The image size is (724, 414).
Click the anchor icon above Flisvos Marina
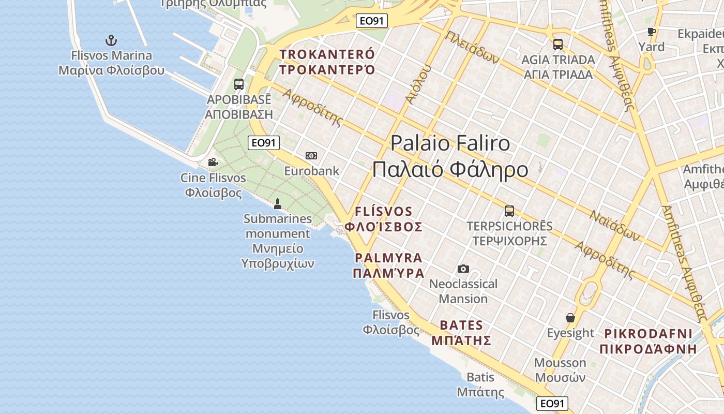[x=111, y=40]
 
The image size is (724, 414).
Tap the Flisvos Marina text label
[x=111, y=63]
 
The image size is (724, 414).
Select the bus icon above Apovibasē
[x=238, y=84]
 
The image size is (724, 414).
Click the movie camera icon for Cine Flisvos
[x=213, y=162]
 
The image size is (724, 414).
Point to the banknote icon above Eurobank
[x=311, y=156]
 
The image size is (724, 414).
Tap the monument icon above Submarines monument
[x=278, y=204]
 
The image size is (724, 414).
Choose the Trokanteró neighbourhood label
[x=327, y=62]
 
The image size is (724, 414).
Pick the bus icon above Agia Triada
[x=557, y=45]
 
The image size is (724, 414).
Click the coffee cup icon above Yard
[x=652, y=32]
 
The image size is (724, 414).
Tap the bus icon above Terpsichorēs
[x=509, y=211]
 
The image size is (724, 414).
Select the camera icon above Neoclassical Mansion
[x=463, y=269]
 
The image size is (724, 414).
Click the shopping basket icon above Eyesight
[x=570, y=318]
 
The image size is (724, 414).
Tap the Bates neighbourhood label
[x=461, y=333]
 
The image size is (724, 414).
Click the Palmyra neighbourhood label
[x=388, y=265]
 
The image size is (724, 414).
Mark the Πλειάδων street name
[x=472, y=48]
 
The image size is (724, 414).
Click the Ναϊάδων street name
[x=615, y=226]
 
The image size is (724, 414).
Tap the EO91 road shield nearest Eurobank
[x=264, y=143]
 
